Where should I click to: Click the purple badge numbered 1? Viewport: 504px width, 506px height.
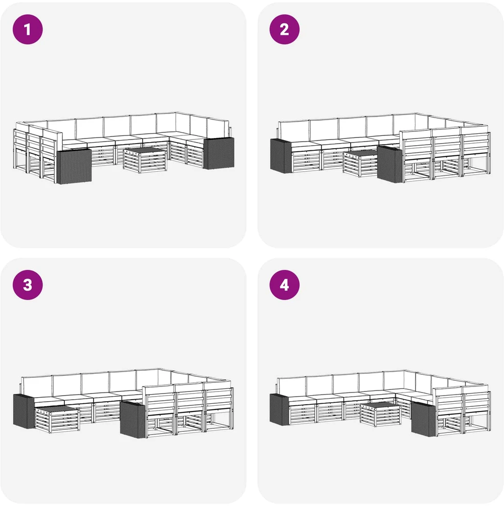28,29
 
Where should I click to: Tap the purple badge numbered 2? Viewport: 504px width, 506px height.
284,29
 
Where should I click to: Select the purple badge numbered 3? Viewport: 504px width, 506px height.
28,285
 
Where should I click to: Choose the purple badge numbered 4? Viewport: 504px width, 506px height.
284,285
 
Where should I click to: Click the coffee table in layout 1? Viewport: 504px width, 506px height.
145,160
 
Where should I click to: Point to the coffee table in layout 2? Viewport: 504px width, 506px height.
360,164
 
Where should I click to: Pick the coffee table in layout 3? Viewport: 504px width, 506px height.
57,420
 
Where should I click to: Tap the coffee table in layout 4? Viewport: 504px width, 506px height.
380,415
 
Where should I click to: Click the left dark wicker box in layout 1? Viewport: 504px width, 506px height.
74,166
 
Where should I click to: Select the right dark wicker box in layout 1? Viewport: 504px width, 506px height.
219,153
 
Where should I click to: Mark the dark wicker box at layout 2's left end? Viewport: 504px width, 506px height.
281,155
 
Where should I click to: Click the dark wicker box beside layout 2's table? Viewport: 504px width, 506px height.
390,164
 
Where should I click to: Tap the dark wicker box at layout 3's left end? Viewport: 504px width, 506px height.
24,411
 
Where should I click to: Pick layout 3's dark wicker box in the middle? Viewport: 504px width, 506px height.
132,419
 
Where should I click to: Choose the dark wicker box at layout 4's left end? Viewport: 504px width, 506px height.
280,409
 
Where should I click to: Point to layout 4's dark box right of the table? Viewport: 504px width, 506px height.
423,419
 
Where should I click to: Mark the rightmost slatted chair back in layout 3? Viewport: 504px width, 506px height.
219,399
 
